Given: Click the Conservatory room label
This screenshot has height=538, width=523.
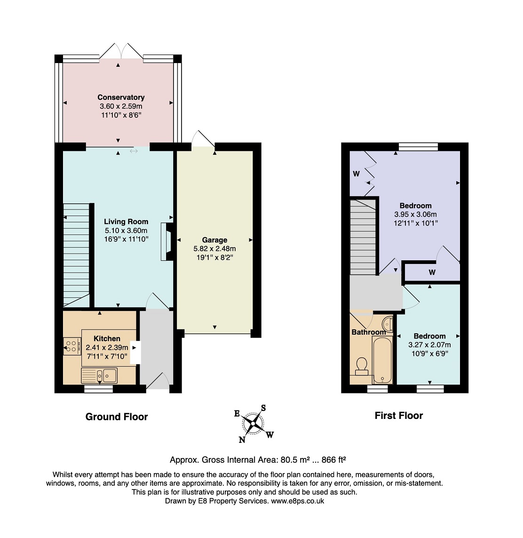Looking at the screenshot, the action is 121,97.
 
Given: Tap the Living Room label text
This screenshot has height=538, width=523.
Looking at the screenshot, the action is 126,222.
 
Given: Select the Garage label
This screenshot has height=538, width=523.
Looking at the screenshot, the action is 214,240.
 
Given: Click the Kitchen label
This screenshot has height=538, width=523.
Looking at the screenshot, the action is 107,338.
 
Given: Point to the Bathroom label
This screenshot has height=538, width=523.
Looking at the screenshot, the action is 369,332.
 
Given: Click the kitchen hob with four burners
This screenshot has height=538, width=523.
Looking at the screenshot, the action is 72,346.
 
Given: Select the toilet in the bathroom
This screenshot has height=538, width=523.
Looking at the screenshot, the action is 362,367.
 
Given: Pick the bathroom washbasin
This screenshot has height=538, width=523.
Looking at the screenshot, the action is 388,323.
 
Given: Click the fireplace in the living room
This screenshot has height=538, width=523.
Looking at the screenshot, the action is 167,241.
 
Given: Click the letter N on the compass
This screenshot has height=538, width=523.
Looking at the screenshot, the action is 242,440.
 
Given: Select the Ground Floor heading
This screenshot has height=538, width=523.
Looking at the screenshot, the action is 117,417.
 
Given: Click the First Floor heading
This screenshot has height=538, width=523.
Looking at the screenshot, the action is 399,416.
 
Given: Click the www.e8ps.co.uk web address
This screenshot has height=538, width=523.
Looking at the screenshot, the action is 298,501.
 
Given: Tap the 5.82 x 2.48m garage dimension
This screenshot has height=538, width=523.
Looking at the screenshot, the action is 214,249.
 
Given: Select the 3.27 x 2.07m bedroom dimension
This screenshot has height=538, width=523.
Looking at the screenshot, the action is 429,345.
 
